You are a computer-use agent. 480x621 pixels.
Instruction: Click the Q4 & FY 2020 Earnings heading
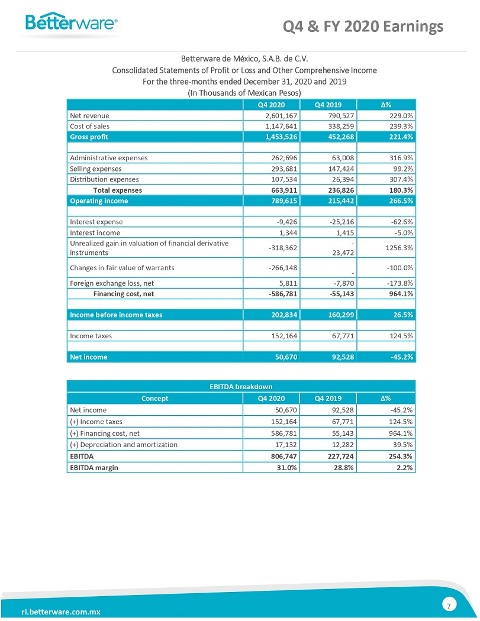click(363, 26)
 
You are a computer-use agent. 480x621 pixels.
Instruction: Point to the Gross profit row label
click(89, 137)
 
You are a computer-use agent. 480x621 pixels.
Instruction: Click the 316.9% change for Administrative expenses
click(398, 158)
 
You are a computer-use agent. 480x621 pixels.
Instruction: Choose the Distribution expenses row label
click(104, 179)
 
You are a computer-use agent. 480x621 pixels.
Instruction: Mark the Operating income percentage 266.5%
click(398, 200)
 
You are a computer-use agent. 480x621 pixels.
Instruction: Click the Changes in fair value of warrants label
click(122, 267)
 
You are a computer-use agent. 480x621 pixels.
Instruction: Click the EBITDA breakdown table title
click(241, 387)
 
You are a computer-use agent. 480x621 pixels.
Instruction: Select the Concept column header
click(154, 398)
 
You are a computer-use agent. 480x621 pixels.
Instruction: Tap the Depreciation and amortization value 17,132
click(282, 444)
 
